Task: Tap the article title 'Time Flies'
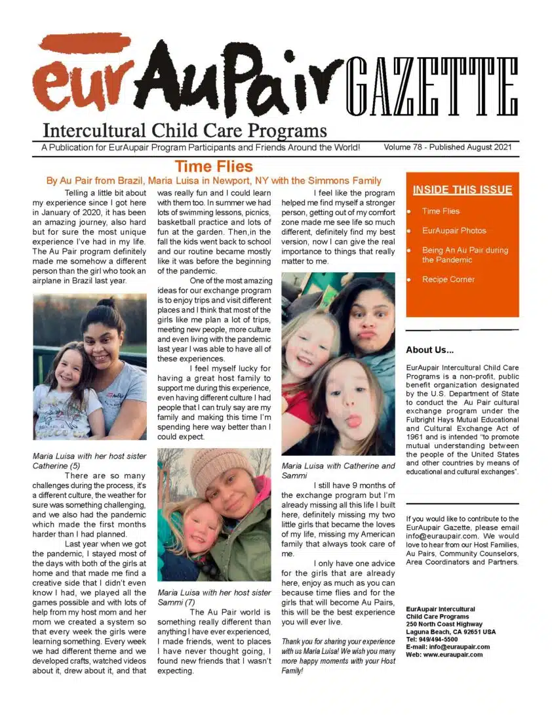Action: coord(213,166)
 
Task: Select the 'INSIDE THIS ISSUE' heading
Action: coord(462,190)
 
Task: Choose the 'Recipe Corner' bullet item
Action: coord(448,279)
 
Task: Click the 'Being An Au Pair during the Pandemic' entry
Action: coord(464,255)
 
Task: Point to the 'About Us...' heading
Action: coord(434,350)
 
